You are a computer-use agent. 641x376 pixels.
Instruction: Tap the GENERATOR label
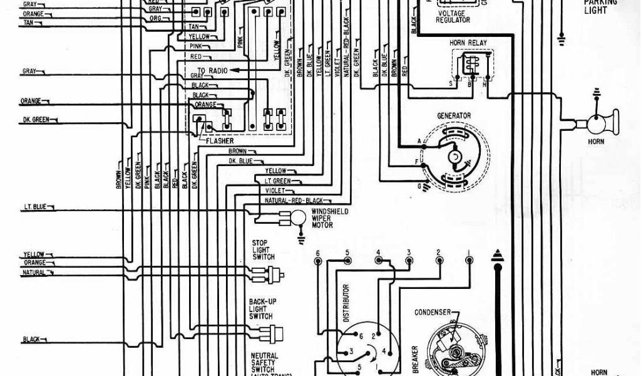click(x=454, y=116)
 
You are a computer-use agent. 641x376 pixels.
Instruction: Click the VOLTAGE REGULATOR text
click(x=454, y=16)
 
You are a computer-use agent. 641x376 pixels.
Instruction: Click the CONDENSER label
click(x=433, y=313)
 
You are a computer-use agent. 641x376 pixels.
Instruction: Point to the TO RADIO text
click(x=212, y=71)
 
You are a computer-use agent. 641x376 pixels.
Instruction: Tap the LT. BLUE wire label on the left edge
click(x=32, y=207)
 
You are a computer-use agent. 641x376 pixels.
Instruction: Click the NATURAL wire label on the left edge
click(x=35, y=273)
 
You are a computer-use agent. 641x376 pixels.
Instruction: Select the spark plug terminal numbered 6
click(x=318, y=253)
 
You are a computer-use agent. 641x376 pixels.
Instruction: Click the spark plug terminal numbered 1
click(x=468, y=253)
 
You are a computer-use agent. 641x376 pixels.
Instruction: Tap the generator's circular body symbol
click(x=455, y=155)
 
